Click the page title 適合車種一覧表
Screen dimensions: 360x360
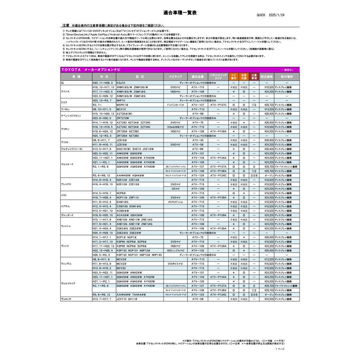click(x=180, y=13)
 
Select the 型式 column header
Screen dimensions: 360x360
click(x=140, y=76)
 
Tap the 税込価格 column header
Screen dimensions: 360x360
click(x=266, y=76)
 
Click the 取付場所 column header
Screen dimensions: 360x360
click(x=286, y=76)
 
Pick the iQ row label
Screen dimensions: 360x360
click(x=62, y=82)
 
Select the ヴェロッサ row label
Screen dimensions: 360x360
click(x=66, y=299)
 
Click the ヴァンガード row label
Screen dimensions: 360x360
click(x=67, y=215)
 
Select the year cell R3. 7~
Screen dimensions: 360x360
click(x=97, y=105)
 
